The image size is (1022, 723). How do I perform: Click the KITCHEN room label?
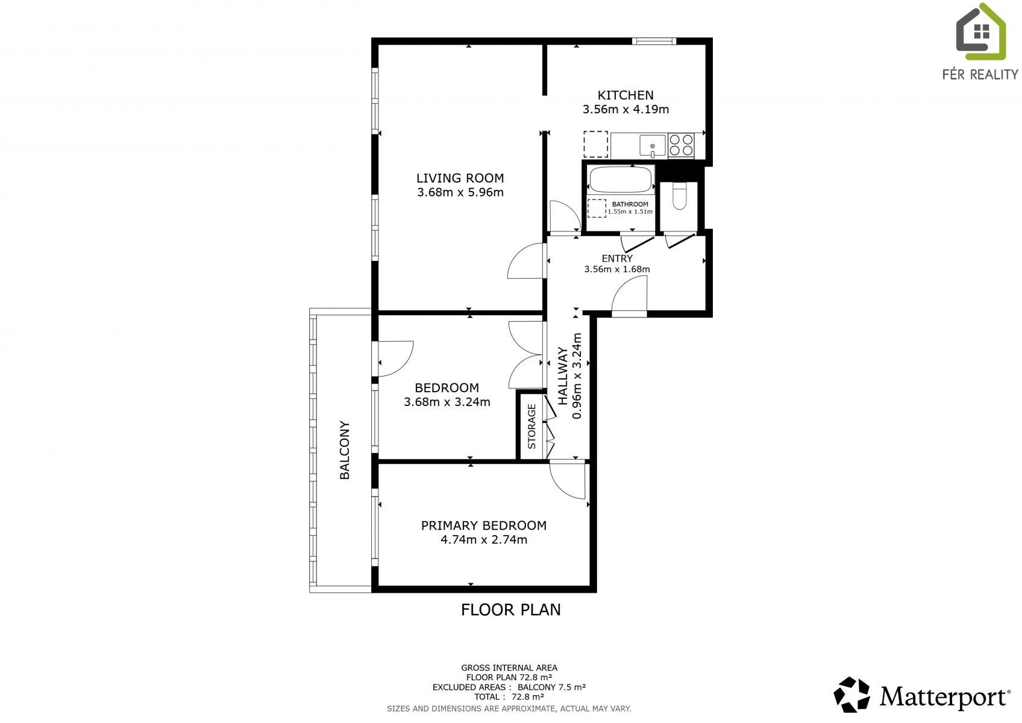tap(625, 95)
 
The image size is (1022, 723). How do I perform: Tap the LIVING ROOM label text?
tap(460, 178)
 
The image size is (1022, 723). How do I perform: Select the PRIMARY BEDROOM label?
tap(484, 525)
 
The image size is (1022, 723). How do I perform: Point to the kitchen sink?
tap(653, 146)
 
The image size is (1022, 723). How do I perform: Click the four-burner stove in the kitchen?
tap(681, 146)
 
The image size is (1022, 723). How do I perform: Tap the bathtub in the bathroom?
tap(621, 180)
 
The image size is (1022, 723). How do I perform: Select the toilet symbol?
tap(679, 196)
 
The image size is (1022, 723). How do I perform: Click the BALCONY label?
tap(345, 449)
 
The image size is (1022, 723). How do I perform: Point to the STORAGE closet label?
tap(531, 427)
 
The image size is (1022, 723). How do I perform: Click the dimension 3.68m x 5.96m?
tap(460, 192)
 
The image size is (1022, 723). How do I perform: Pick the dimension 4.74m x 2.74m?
tap(484, 540)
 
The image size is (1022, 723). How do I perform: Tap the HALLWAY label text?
tap(563, 376)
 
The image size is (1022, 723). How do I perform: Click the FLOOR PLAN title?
tap(510, 610)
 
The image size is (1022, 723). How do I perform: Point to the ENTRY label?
tap(617, 258)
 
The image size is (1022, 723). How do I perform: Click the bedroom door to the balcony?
tap(395, 358)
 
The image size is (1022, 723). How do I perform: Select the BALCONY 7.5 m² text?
tap(551, 687)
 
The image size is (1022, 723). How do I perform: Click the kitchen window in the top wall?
tap(654, 41)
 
